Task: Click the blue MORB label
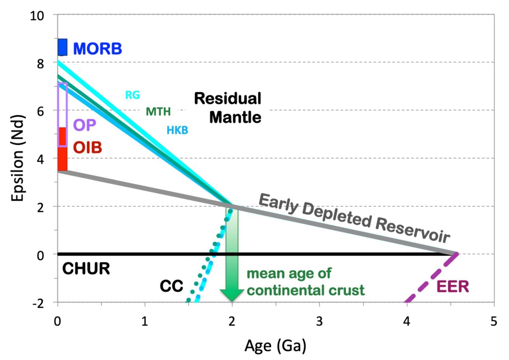coord(98,49)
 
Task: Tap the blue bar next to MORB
coord(62,47)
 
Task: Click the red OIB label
coord(88,148)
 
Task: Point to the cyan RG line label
coord(132,95)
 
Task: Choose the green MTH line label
coord(158,112)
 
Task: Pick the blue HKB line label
coord(177,130)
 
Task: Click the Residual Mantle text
coord(227,108)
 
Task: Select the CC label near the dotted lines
coord(171,287)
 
